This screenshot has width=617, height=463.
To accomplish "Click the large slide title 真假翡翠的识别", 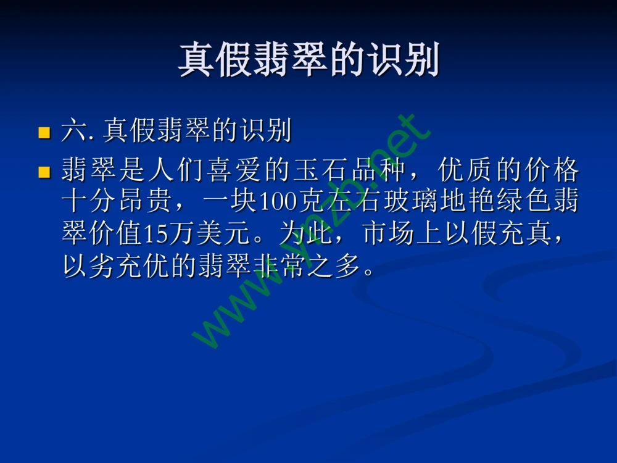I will point(308,60).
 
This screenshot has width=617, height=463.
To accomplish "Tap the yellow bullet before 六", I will point(44,132).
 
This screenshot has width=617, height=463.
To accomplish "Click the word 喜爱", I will point(226,170).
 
